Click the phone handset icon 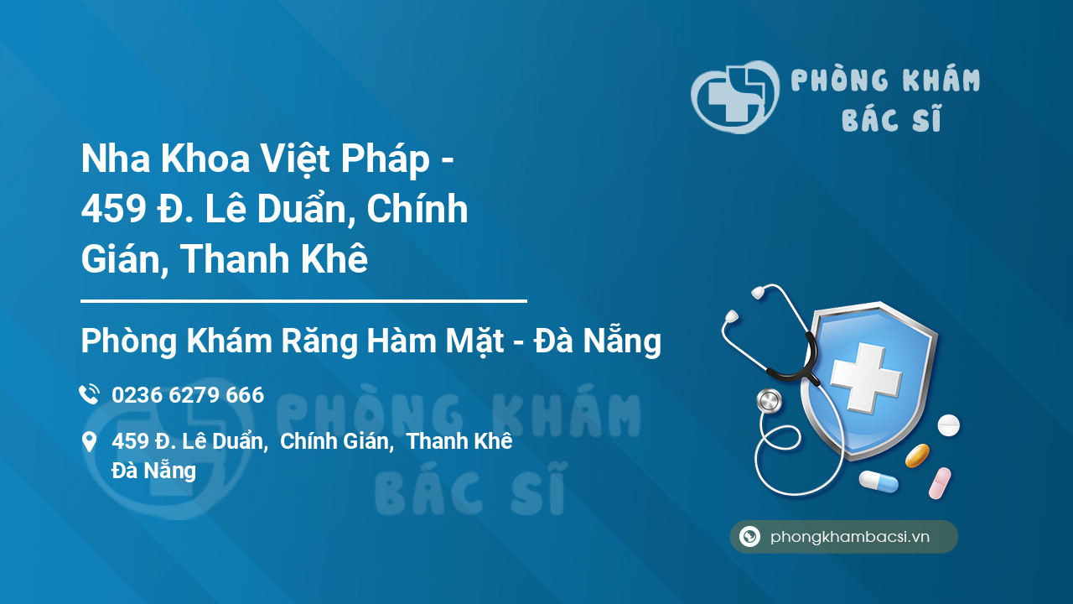(89, 394)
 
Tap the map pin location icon (89, 442)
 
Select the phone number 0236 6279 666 (188, 394)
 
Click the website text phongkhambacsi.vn (850, 537)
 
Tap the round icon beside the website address (749, 537)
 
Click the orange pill (917, 456)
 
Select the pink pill (940, 483)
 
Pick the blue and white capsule (879, 482)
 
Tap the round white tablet (948, 424)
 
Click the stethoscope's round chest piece (769, 401)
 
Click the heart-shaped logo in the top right (734, 96)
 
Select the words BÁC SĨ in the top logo (891, 121)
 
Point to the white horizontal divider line (303, 300)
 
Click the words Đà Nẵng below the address (153, 471)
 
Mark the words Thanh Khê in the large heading (274, 259)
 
